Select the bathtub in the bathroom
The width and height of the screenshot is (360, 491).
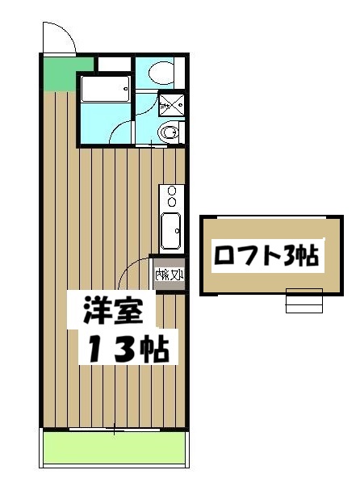105,87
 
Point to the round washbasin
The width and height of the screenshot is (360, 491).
170,132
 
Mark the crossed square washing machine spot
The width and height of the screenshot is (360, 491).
171,105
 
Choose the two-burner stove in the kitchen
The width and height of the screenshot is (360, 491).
171,197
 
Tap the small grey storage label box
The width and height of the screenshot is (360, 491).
170,276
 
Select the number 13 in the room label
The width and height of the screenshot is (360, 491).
118,350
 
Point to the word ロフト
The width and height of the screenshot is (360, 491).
243,257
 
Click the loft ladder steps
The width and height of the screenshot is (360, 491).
303,300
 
